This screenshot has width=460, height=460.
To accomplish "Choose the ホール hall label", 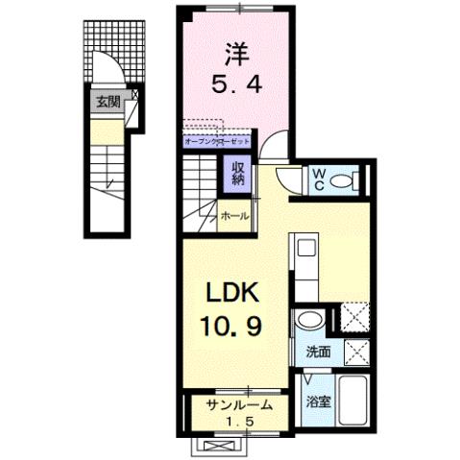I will click(x=234, y=217).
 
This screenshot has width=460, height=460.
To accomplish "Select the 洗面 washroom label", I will click(x=319, y=351).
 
